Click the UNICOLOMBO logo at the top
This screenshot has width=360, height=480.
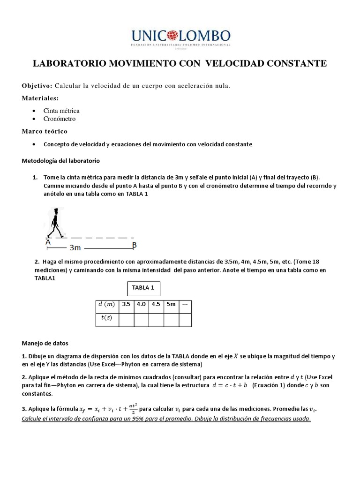click(180, 37)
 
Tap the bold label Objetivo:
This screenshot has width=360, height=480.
click(37, 86)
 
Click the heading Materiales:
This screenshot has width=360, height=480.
click(40, 98)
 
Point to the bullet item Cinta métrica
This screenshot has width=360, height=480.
click(61, 111)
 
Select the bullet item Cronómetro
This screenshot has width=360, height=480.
click(60, 119)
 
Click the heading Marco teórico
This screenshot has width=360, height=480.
click(45, 131)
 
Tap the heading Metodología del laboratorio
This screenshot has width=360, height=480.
click(61, 161)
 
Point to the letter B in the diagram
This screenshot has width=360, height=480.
click(134, 245)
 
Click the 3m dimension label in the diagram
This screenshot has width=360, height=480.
click(75, 247)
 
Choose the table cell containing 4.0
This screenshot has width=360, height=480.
click(141, 304)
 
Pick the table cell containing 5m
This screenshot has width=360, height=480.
click(171, 304)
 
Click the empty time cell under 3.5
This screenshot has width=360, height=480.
click(126, 319)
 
